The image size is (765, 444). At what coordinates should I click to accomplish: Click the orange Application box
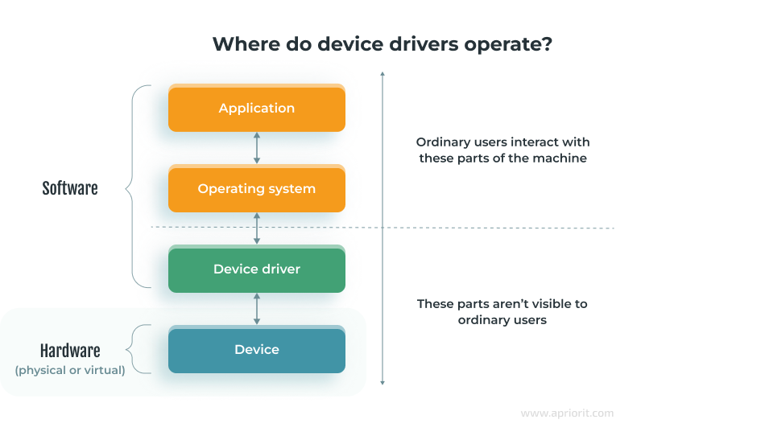(x=256, y=109)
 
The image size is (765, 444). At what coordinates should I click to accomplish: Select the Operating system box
(x=256, y=189)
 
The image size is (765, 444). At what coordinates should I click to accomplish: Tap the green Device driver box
(x=256, y=269)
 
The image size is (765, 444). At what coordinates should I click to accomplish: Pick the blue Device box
(x=256, y=350)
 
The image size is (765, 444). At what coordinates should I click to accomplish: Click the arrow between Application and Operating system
(x=257, y=149)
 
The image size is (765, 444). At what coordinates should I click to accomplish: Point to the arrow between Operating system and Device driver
(x=257, y=229)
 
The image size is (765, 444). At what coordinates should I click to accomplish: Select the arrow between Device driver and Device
(x=257, y=310)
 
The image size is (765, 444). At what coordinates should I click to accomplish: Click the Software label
(x=70, y=189)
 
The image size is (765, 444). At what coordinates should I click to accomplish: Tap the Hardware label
(x=70, y=351)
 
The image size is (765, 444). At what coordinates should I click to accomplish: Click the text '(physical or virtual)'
(x=70, y=371)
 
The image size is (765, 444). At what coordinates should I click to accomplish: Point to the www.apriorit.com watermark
(x=567, y=413)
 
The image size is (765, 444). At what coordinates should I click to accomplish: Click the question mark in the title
(x=547, y=45)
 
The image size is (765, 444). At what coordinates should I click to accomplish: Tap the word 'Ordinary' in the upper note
(x=443, y=142)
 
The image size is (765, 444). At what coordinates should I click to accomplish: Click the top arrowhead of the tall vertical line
(x=382, y=74)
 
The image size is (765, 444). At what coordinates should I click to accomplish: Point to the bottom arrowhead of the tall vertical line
(x=382, y=383)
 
